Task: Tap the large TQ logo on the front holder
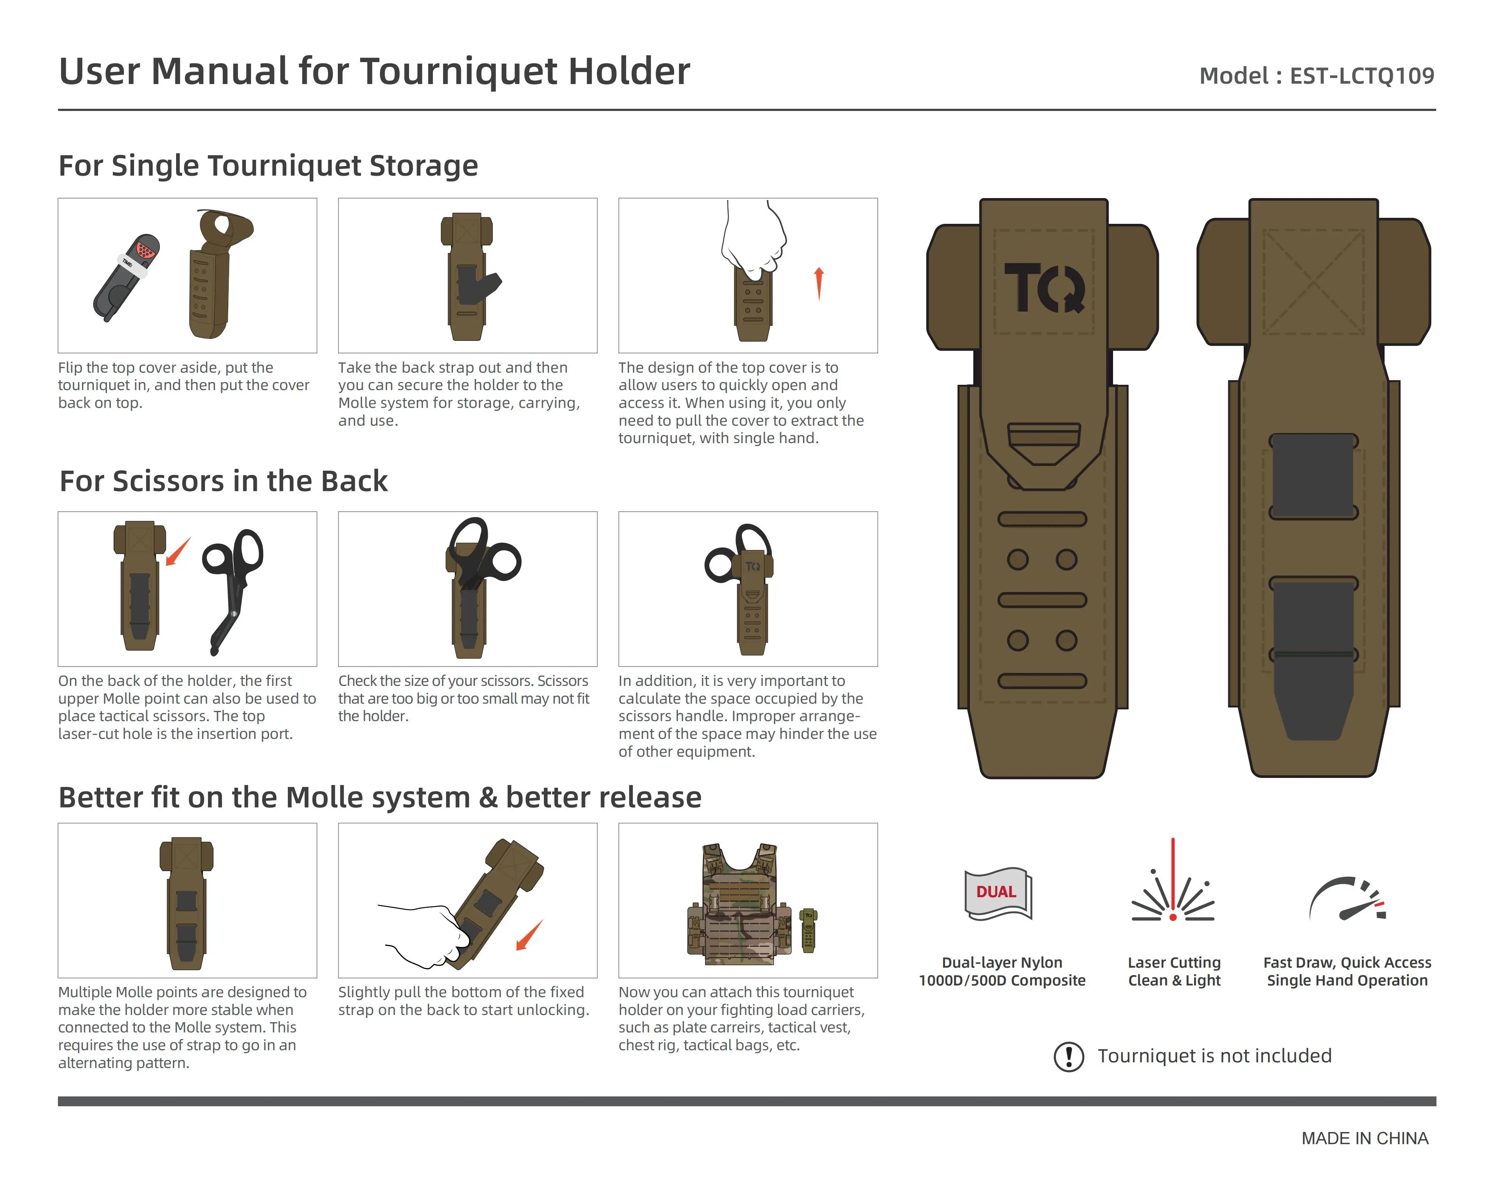tap(1044, 288)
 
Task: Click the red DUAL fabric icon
tap(996, 892)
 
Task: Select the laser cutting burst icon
tap(1173, 892)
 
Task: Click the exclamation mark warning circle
tap(1068, 1056)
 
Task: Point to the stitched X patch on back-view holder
tap(1313, 282)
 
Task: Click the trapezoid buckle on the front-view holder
tap(1044, 443)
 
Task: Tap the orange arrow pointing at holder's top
tap(178, 552)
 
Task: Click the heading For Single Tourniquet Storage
tap(269, 166)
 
